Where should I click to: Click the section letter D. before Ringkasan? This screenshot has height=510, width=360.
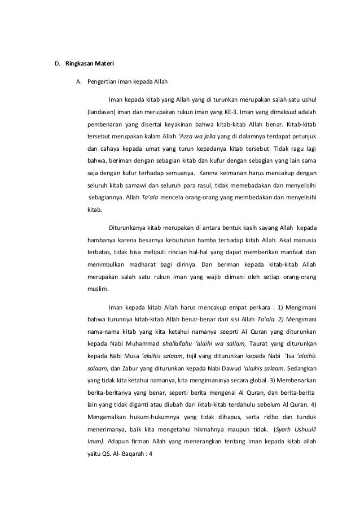click(56, 62)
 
